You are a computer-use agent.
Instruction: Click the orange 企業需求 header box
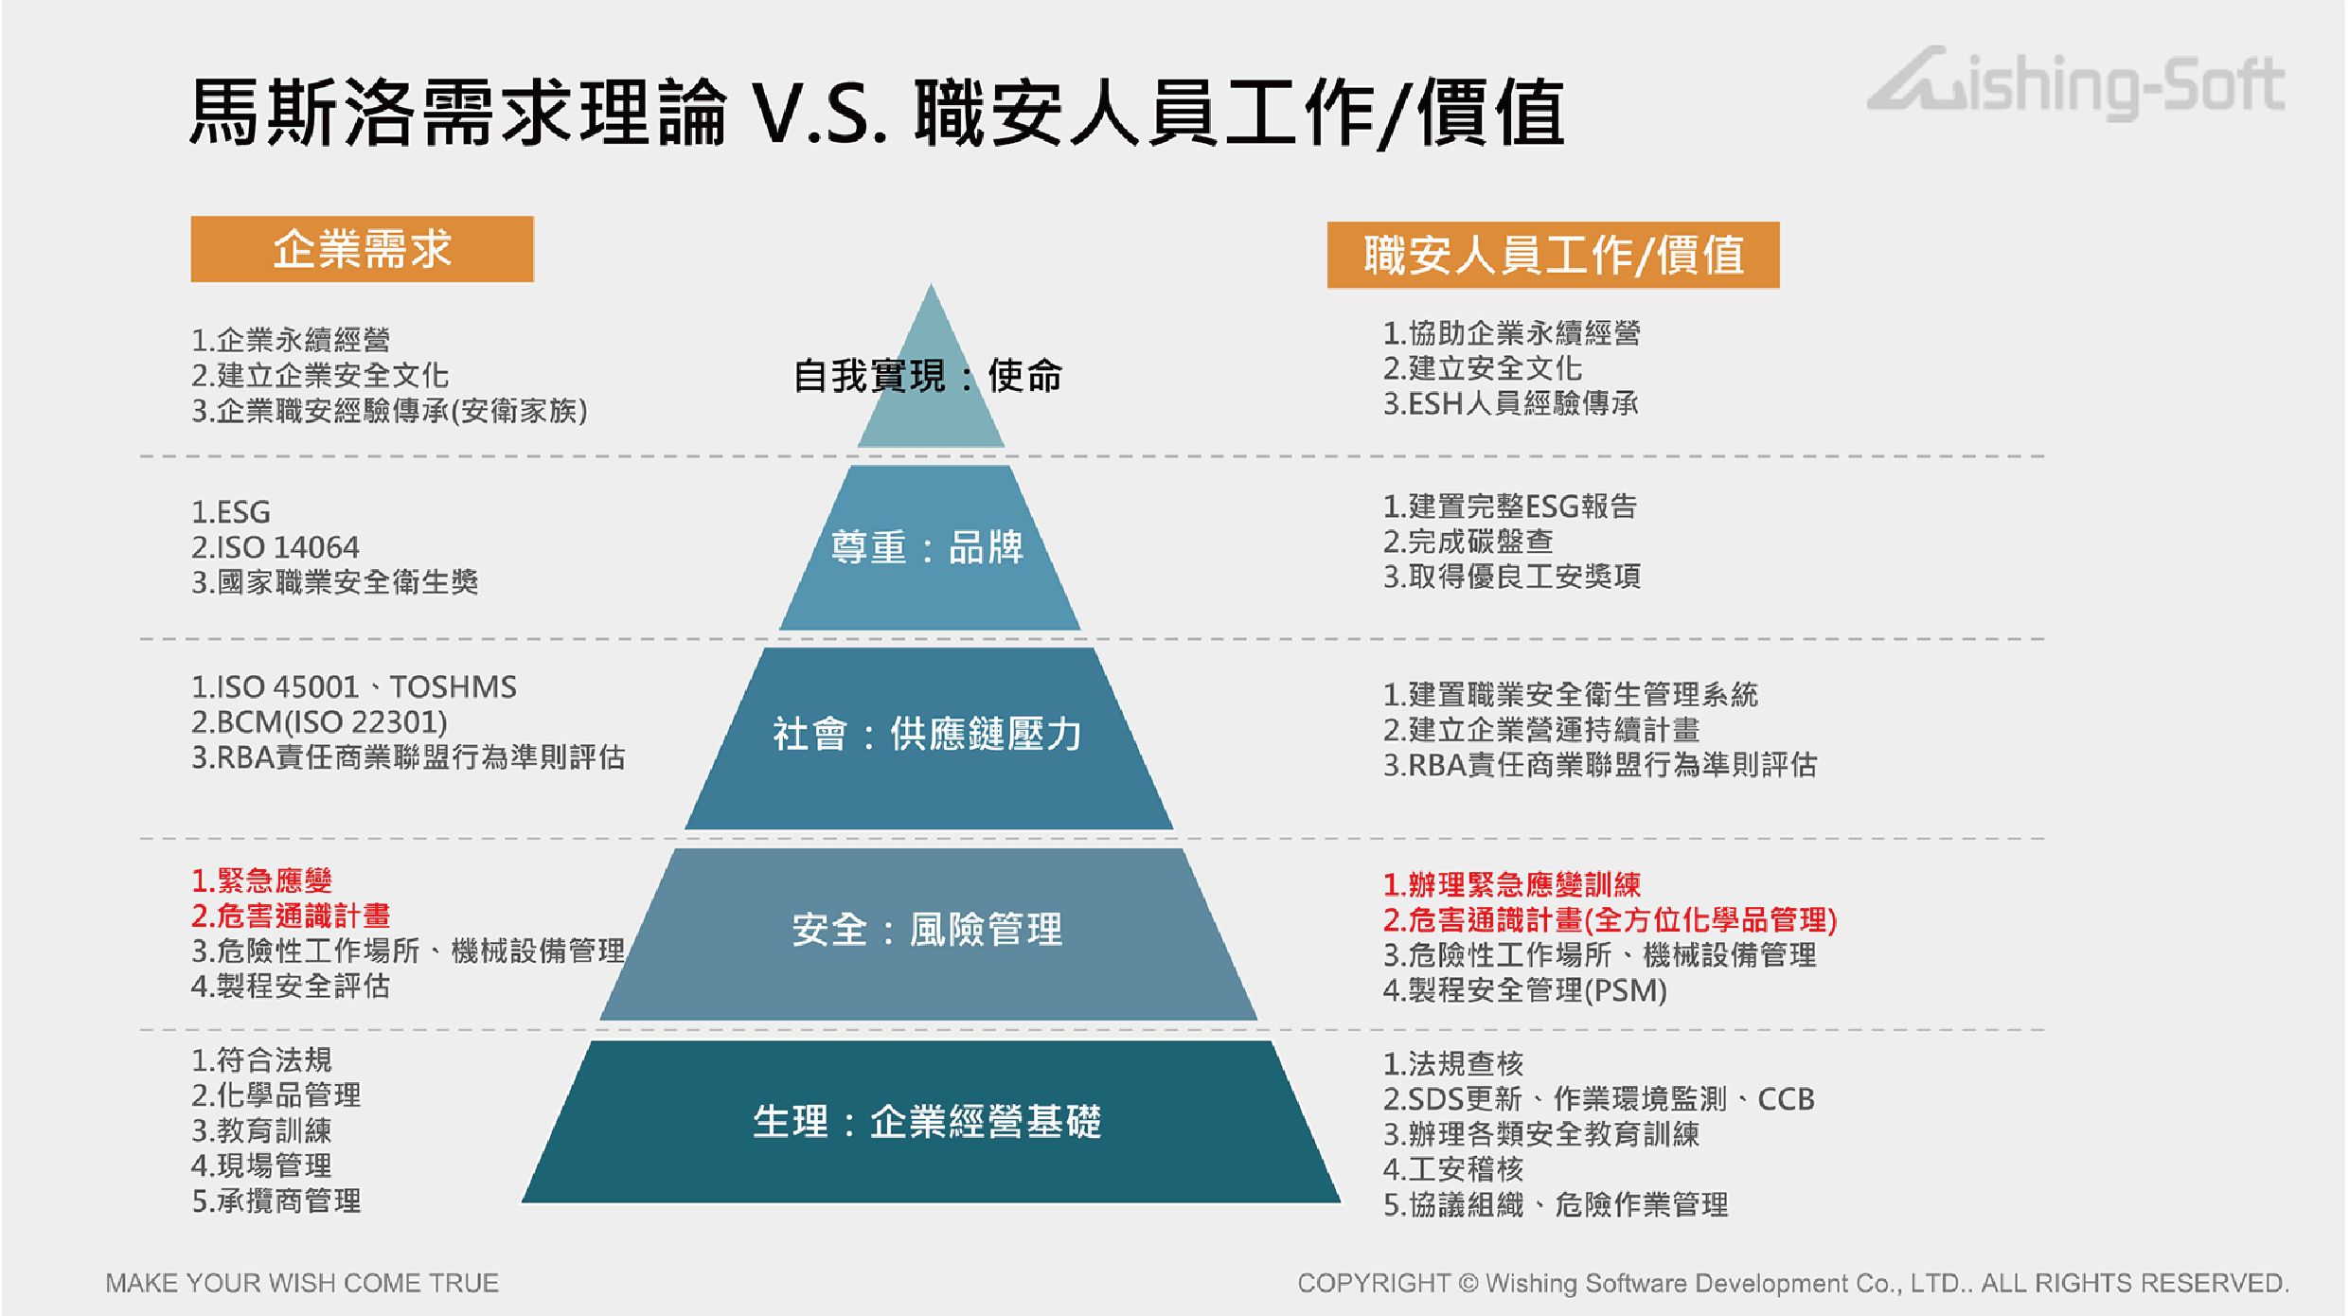click(x=362, y=249)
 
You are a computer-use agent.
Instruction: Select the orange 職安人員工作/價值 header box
click(x=1553, y=255)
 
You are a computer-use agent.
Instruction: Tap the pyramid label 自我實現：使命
click(x=928, y=376)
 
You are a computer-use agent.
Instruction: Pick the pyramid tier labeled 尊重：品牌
click(x=929, y=547)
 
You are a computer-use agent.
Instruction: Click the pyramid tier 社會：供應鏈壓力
click(x=929, y=738)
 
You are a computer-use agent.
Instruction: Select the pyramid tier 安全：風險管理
click(x=929, y=934)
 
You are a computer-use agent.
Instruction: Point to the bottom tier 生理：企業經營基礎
click(x=930, y=1122)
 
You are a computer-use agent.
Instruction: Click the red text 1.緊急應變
click(x=261, y=880)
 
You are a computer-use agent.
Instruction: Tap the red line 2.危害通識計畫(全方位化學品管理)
click(x=1610, y=919)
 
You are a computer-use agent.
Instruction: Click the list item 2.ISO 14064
click(x=275, y=547)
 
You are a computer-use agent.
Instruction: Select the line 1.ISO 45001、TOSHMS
click(x=354, y=686)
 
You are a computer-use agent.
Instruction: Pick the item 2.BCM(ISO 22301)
click(x=319, y=722)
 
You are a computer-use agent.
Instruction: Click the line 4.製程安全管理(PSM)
click(x=1524, y=990)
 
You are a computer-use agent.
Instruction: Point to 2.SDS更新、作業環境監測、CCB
click(x=1598, y=1098)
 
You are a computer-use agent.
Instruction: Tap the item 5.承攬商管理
click(x=276, y=1201)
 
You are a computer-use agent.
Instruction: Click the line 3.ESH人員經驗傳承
click(x=1510, y=403)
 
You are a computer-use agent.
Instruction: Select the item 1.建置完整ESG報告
click(x=1509, y=507)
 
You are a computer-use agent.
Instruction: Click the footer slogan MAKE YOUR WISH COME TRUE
click(x=302, y=1283)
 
